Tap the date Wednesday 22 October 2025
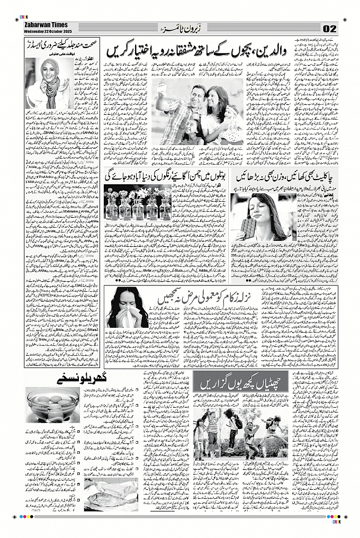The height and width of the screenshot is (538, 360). [47, 30]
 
